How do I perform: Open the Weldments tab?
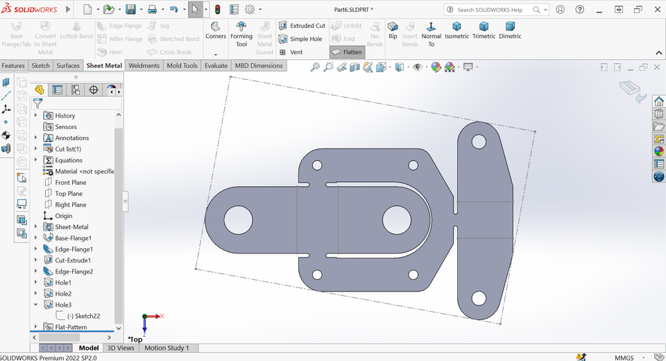tap(144, 66)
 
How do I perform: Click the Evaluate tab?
tap(216, 66)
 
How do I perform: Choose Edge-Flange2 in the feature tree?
tap(74, 271)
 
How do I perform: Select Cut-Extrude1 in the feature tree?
tap(72, 260)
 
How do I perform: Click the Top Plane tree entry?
tap(69, 194)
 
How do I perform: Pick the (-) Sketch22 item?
tap(83, 316)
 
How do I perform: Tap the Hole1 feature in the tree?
tap(63, 283)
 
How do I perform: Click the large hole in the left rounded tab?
tap(238, 219)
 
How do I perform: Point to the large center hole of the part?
tap(396, 219)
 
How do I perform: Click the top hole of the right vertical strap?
tap(479, 142)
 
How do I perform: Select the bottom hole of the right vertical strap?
tap(479, 299)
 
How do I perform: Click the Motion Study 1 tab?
tap(166, 348)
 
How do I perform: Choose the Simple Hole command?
tap(305, 39)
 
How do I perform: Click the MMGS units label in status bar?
tap(624, 358)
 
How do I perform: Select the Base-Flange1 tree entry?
tap(73, 238)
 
